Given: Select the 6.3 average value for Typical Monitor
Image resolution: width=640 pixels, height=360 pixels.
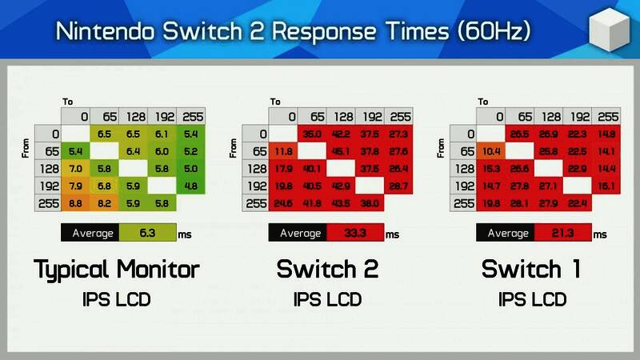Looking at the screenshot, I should tap(146, 234).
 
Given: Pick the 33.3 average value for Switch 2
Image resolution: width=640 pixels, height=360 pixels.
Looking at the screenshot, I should tap(354, 234).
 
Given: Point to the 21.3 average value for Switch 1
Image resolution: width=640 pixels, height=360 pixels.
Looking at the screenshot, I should tap(562, 234).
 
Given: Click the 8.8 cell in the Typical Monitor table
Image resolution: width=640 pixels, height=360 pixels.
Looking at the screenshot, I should tap(76, 204).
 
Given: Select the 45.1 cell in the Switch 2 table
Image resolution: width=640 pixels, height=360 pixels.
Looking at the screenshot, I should tap(341, 151).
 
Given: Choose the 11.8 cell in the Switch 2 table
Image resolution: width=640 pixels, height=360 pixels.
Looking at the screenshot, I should tap(283, 151).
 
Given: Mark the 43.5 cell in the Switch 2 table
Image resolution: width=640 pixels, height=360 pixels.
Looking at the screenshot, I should tap(341, 204).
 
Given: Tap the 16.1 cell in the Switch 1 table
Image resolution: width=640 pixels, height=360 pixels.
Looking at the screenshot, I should tap(606, 186).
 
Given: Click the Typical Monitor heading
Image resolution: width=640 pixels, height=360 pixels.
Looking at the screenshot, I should tap(116, 270).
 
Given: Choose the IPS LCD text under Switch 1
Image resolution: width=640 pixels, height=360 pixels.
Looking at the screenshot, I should tap(533, 300).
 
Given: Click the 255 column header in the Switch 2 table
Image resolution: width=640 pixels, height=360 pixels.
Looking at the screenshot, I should tap(398, 116).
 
